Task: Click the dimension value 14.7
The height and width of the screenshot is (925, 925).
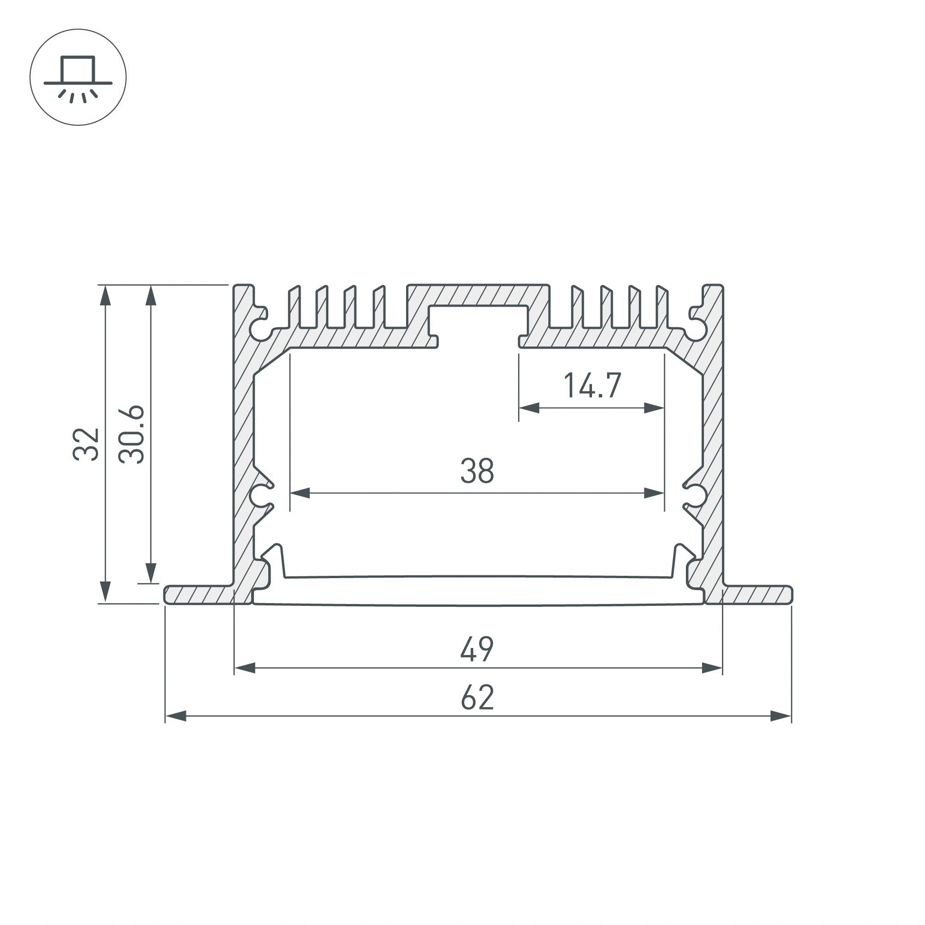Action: pyautogui.click(x=592, y=385)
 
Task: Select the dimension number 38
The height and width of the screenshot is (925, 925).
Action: pyautogui.click(x=477, y=471)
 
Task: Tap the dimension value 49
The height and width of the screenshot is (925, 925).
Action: pyautogui.click(x=477, y=649)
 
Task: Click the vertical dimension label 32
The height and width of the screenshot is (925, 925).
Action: pyautogui.click(x=86, y=444)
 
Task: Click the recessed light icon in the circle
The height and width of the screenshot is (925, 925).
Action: pyautogui.click(x=78, y=77)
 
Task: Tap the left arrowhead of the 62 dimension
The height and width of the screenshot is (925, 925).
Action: pyautogui.click(x=175, y=716)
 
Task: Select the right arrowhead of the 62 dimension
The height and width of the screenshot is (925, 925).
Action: pyautogui.click(x=781, y=716)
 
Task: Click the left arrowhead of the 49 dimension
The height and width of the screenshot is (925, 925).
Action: pyautogui.click(x=245, y=668)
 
